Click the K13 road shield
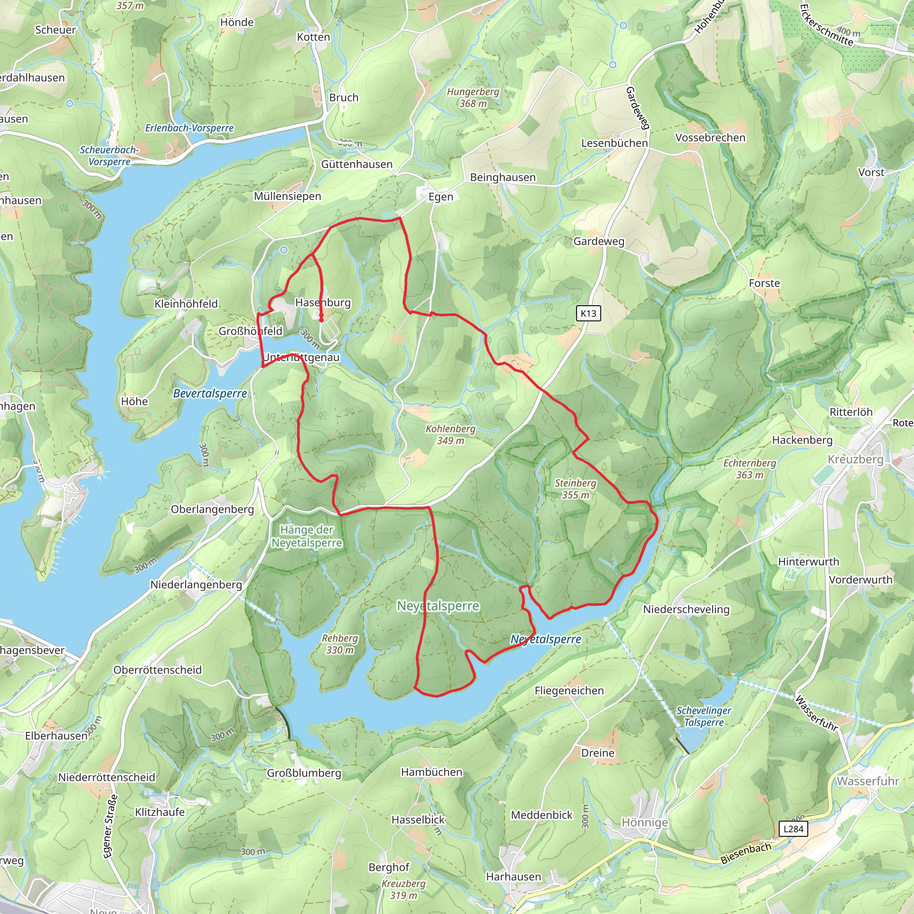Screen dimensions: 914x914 (x=588, y=313)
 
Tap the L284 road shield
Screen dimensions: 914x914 (x=794, y=828)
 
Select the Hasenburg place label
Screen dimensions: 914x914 (x=323, y=302)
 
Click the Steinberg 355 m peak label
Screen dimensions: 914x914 (x=575, y=489)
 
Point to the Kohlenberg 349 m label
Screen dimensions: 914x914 (x=450, y=434)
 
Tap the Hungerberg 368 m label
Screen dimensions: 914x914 (x=473, y=97)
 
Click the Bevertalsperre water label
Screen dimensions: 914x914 (x=210, y=393)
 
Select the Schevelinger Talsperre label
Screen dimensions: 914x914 (x=703, y=716)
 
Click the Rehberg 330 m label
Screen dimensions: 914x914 (x=340, y=644)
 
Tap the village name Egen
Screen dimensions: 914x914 (x=440, y=197)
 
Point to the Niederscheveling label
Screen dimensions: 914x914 (x=686, y=609)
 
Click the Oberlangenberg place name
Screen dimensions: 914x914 (x=212, y=510)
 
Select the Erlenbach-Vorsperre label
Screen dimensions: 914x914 (x=189, y=128)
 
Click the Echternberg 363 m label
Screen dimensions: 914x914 (x=749, y=469)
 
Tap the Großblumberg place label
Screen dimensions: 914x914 (x=304, y=773)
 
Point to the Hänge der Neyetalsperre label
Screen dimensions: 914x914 (x=307, y=536)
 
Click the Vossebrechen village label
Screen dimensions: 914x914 (x=710, y=137)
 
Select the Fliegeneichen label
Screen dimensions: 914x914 (x=569, y=691)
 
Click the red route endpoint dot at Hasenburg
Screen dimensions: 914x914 (x=321, y=320)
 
